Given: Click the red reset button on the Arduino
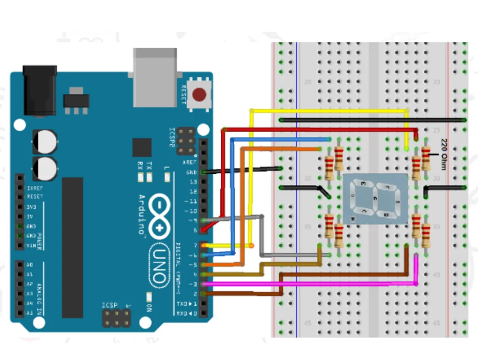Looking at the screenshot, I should pyautogui.click(x=199, y=95).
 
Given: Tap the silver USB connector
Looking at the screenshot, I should pyautogui.click(x=155, y=77).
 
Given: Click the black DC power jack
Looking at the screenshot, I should pyautogui.click(x=40, y=90).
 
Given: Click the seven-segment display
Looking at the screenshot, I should pyautogui.click(x=375, y=199).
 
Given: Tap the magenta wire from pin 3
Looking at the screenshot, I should pyautogui.click(x=308, y=283).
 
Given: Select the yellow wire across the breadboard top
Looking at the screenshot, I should pyautogui.click(x=327, y=111).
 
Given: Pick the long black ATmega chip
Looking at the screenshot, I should pyautogui.click(x=72, y=247).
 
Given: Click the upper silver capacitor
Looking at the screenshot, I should pyautogui.click(x=45, y=141).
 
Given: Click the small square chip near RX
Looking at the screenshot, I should pyautogui.click(x=142, y=147).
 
